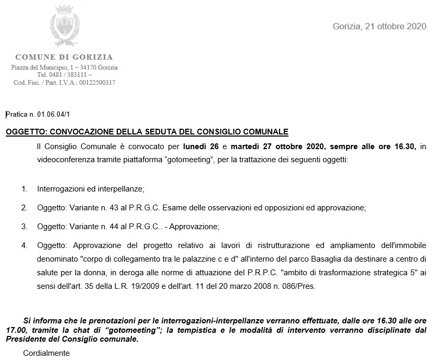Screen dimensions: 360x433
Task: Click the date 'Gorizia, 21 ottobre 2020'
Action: tap(380, 26)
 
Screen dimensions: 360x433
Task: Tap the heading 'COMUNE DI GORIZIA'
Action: tap(64, 57)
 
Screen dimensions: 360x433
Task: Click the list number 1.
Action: tap(24, 188)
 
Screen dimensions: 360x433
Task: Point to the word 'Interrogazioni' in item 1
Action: tap(62, 188)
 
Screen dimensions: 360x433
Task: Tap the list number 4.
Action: tap(24, 245)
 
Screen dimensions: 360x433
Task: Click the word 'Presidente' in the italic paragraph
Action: tap(24, 339)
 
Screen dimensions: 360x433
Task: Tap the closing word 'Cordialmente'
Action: tap(46, 353)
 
